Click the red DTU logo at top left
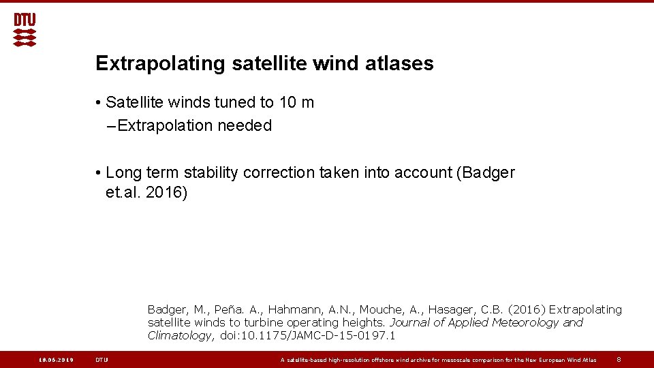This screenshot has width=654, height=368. pyautogui.click(x=25, y=30)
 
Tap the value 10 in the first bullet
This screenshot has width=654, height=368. pyautogui.click(x=287, y=103)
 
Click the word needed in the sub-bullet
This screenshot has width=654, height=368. pyautogui.click(x=245, y=125)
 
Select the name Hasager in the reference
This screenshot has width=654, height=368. pyautogui.click(x=456, y=310)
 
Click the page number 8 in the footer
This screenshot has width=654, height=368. pyautogui.click(x=619, y=360)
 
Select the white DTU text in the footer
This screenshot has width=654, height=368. pyautogui.click(x=102, y=360)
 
